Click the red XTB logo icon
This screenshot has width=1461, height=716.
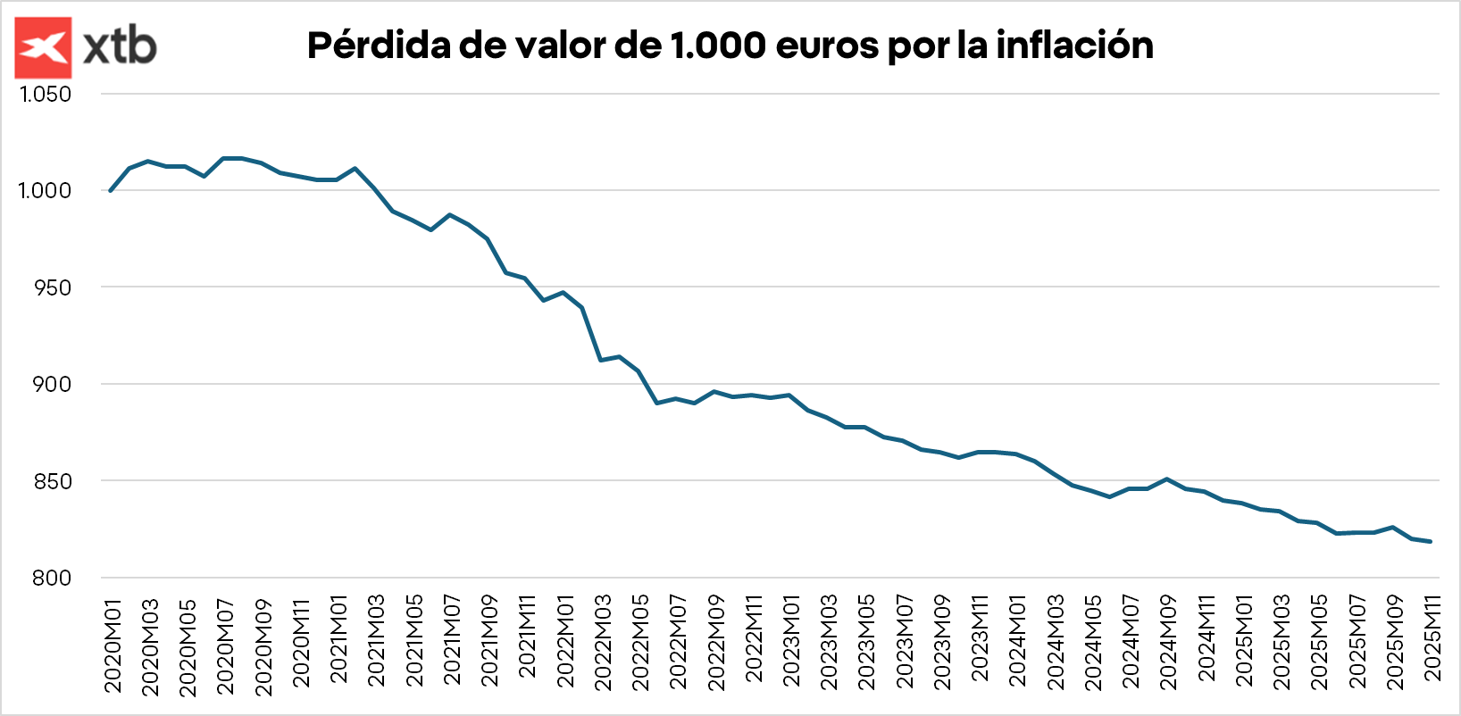[x=43, y=47]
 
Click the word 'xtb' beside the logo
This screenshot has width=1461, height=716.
[x=120, y=46]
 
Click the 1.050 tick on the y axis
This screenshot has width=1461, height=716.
[x=46, y=94]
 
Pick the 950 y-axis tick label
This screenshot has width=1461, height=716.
[x=52, y=287]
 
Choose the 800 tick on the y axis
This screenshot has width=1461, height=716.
[x=52, y=578]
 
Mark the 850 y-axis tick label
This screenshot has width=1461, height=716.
[x=52, y=481]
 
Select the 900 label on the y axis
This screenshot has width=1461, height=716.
[x=52, y=384]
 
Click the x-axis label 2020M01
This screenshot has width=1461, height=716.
[x=113, y=645]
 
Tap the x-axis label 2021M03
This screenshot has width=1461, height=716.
[x=376, y=641]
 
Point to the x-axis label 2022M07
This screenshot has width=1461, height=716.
[x=678, y=641]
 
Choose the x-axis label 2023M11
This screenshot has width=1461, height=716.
[x=980, y=639]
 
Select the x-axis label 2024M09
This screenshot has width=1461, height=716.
[x=1168, y=641]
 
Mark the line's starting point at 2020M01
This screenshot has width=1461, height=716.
[x=111, y=190]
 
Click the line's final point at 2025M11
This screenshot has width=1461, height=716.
[x=1431, y=541]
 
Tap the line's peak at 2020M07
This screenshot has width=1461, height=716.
[x=223, y=158]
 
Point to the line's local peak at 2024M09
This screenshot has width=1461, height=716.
[x=1167, y=479]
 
